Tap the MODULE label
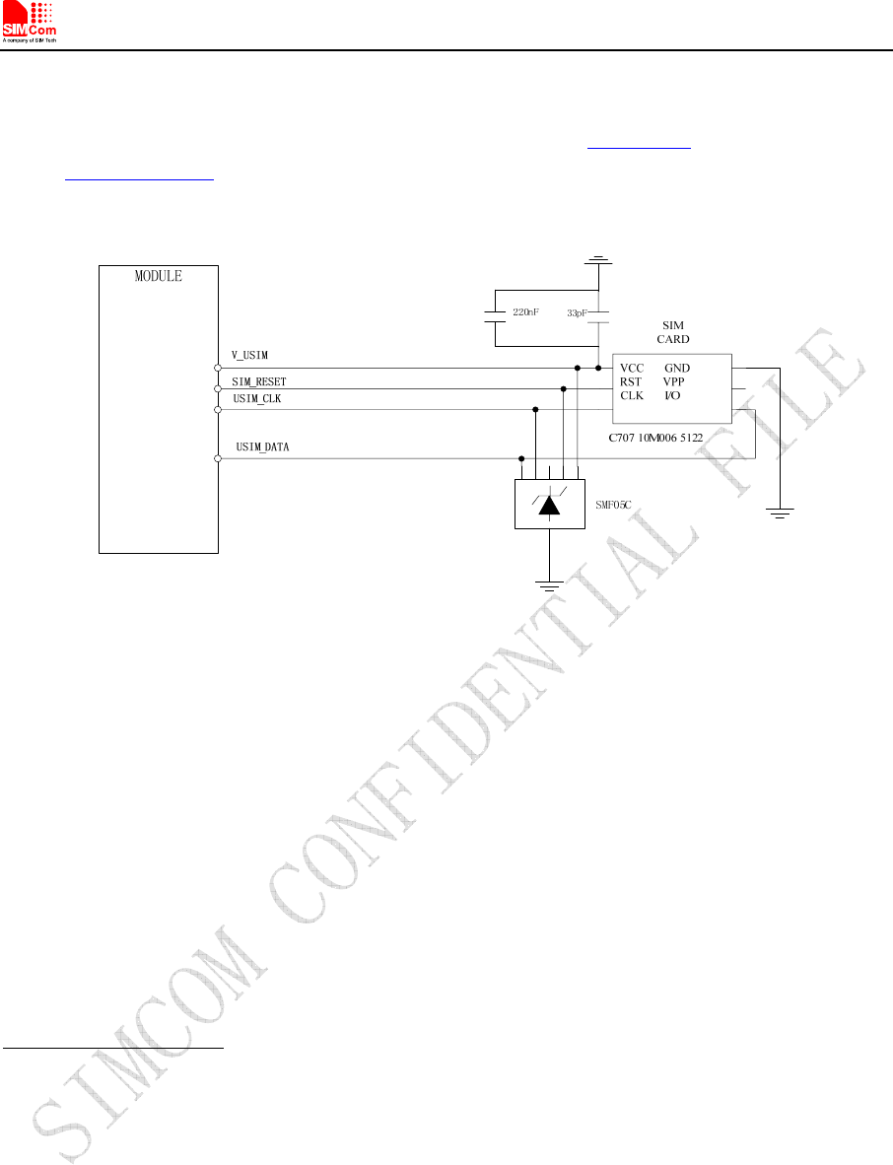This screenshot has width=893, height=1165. (159, 276)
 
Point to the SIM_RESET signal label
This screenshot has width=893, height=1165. (259, 380)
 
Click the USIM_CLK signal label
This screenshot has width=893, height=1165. (256, 398)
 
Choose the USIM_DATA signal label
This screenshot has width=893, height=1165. (262, 447)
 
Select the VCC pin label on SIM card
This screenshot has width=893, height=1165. (633, 368)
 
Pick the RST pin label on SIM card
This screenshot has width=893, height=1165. (631, 381)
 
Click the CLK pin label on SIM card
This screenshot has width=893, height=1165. (632, 395)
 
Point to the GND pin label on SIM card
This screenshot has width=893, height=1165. (677, 368)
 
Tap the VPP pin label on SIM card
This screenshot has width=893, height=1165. (674, 381)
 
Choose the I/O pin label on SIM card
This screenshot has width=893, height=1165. (672, 395)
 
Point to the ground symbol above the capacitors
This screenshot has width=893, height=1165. (598, 262)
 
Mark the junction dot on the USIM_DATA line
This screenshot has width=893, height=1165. (521, 458)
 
